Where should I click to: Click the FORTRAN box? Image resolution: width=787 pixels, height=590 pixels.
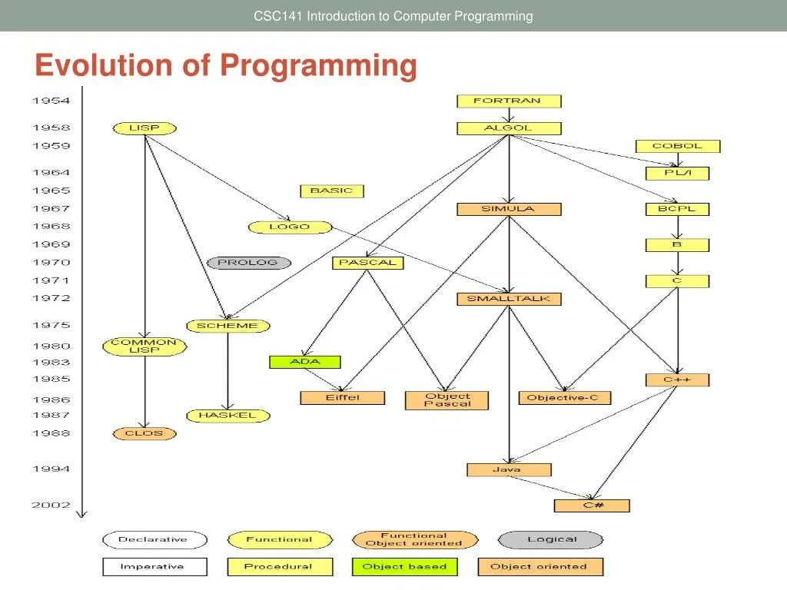pyautogui.click(x=509, y=101)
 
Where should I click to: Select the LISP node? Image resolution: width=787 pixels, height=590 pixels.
pyautogui.click(x=144, y=128)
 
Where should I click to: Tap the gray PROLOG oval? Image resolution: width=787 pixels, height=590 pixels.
pyautogui.click(x=249, y=263)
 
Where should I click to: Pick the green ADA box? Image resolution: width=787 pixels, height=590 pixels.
pyautogui.click(x=304, y=362)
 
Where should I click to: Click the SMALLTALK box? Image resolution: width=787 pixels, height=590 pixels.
pyautogui.click(x=509, y=299)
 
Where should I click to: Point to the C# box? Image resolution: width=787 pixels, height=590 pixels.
pyautogui.click(x=592, y=505)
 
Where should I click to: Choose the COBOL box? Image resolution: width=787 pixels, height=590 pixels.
pyautogui.click(x=677, y=146)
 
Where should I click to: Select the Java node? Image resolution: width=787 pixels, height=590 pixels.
pyautogui.click(x=509, y=469)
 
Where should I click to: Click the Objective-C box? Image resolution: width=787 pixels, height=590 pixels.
pyautogui.click(x=564, y=398)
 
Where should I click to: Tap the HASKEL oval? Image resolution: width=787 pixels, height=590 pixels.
pyautogui.click(x=228, y=416)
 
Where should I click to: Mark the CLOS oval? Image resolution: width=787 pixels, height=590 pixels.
pyautogui.click(x=144, y=433)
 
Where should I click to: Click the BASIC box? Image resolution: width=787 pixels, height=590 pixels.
pyautogui.click(x=331, y=191)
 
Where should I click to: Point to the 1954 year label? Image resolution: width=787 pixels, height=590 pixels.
pyautogui.click(x=51, y=101)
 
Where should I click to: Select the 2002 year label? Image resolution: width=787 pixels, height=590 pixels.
pyautogui.click(x=51, y=505)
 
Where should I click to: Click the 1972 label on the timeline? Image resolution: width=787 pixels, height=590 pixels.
pyautogui.click(x=51, y=298)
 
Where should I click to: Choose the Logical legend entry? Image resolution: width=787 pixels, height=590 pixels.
pyautogui.click(x=551, y=539)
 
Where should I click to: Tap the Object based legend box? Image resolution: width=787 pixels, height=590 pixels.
pyautogui.click(x=404, y=567)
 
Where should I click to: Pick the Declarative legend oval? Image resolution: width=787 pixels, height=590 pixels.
pyautogui.click(x=154, y=539)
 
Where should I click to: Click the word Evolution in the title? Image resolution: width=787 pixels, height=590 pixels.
pyautogui.click(x=105, y=65)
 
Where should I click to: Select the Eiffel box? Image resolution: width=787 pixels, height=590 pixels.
pyautogui.click(x=342, y=398)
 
